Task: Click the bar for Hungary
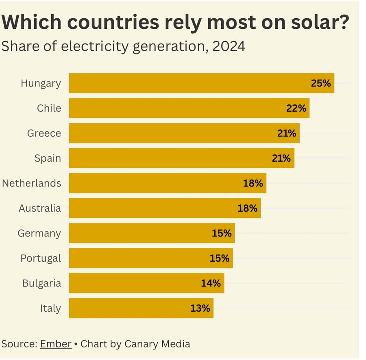tap(201, 83)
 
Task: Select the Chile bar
tap(189, 108)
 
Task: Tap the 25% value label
tap(321, 84)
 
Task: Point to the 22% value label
tap(296, 108)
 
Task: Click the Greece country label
tap(44, 133)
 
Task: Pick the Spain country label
tap(48, 158)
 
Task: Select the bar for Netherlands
tap(168, 183)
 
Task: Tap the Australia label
tap(40, 208)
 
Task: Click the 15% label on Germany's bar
tap(222, 233)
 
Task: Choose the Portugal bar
tap(150, 258)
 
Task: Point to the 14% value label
tap(211, 283)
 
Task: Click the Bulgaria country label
tap(41, 283)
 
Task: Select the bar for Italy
tap(141, 308)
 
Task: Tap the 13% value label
tap(200, 308)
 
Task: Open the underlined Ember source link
tap(56, 344)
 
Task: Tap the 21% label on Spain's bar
tap(281, 158)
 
